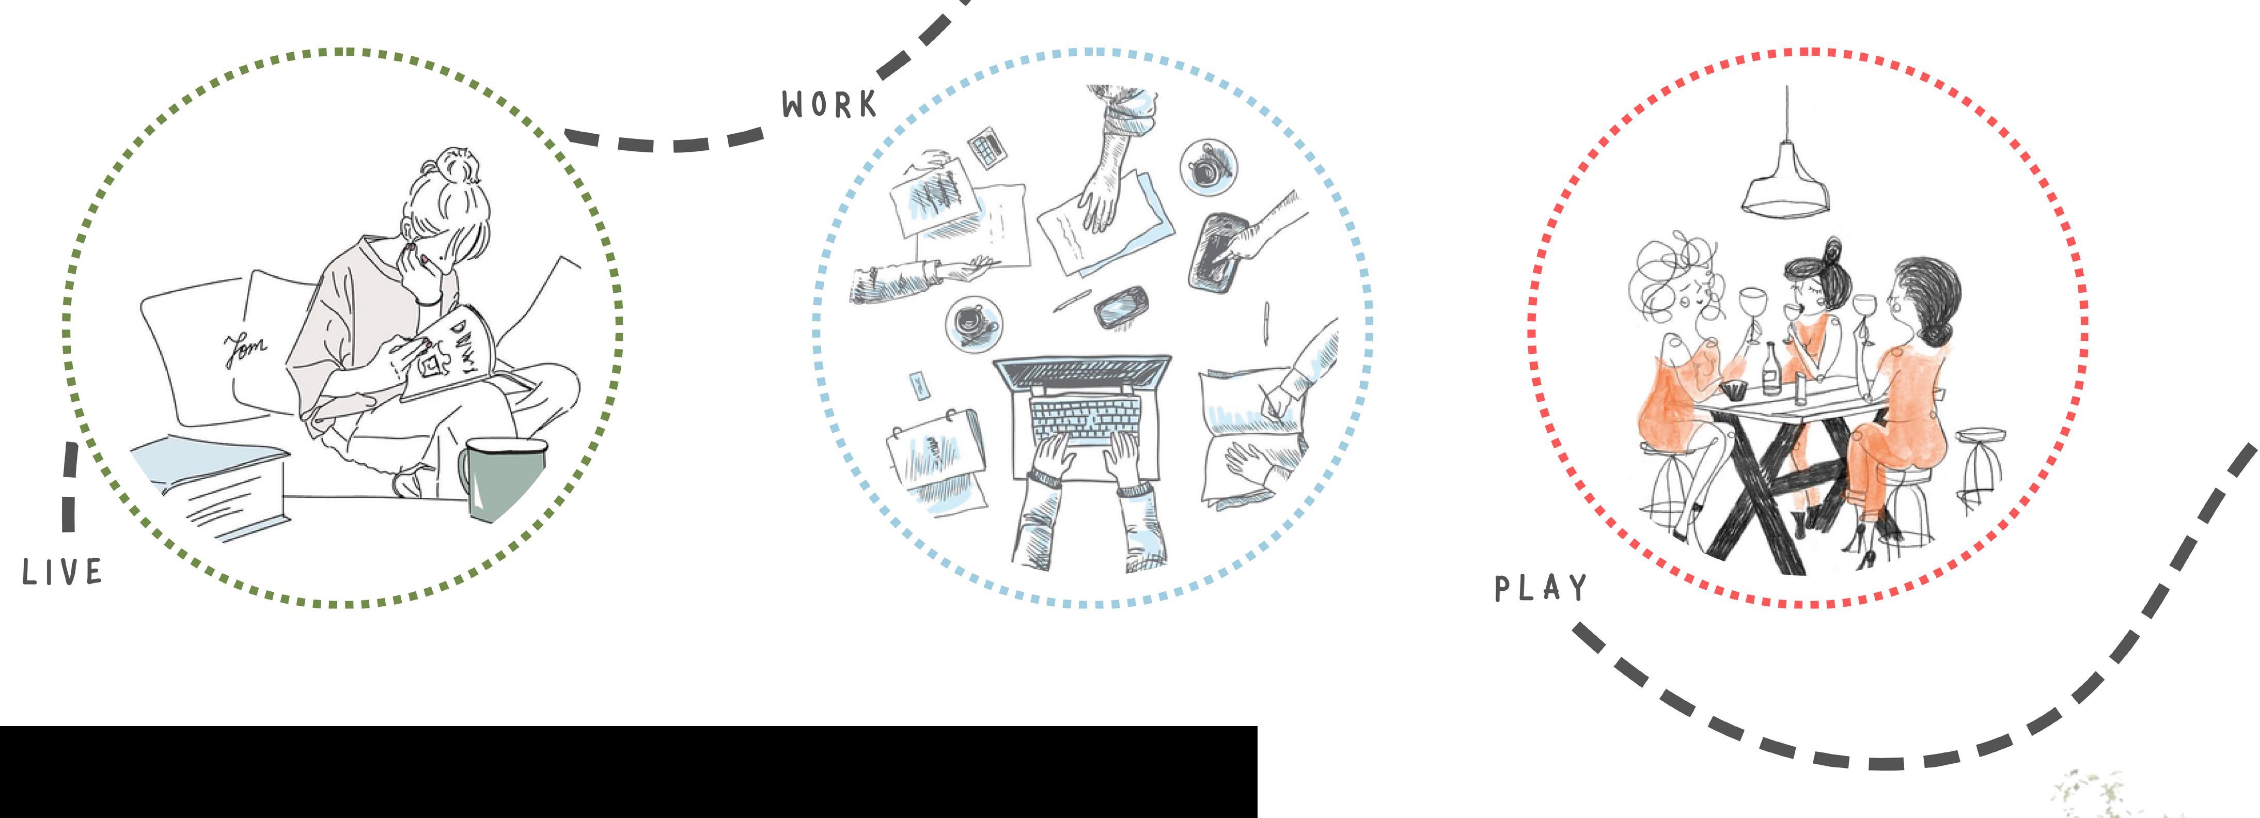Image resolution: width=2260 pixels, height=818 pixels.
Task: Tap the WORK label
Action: (x=829, y=104)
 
